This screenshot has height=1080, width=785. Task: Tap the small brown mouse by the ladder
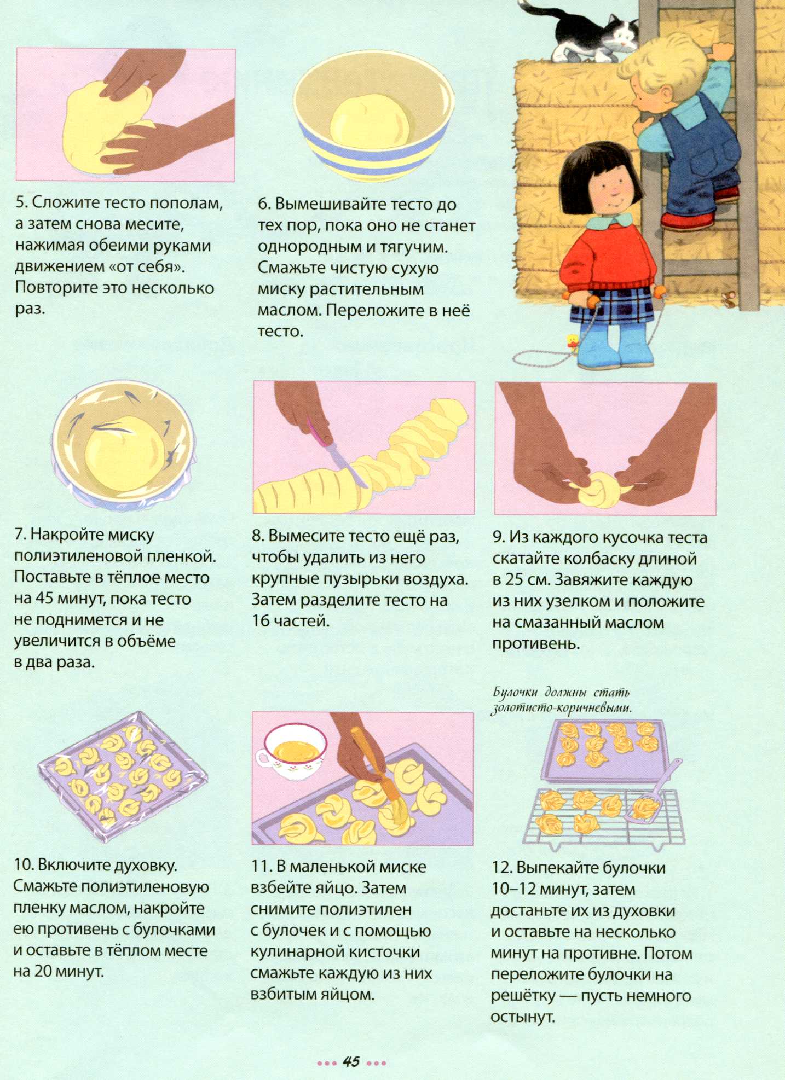click(x=729, y=299)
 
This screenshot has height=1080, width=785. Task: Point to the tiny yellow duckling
click(x=573, y=341)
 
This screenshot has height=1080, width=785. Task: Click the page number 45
click(x=351, y=1061)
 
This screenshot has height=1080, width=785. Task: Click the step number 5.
click(x=21, y=202)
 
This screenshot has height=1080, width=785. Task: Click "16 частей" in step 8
click(x=291, y=621)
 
